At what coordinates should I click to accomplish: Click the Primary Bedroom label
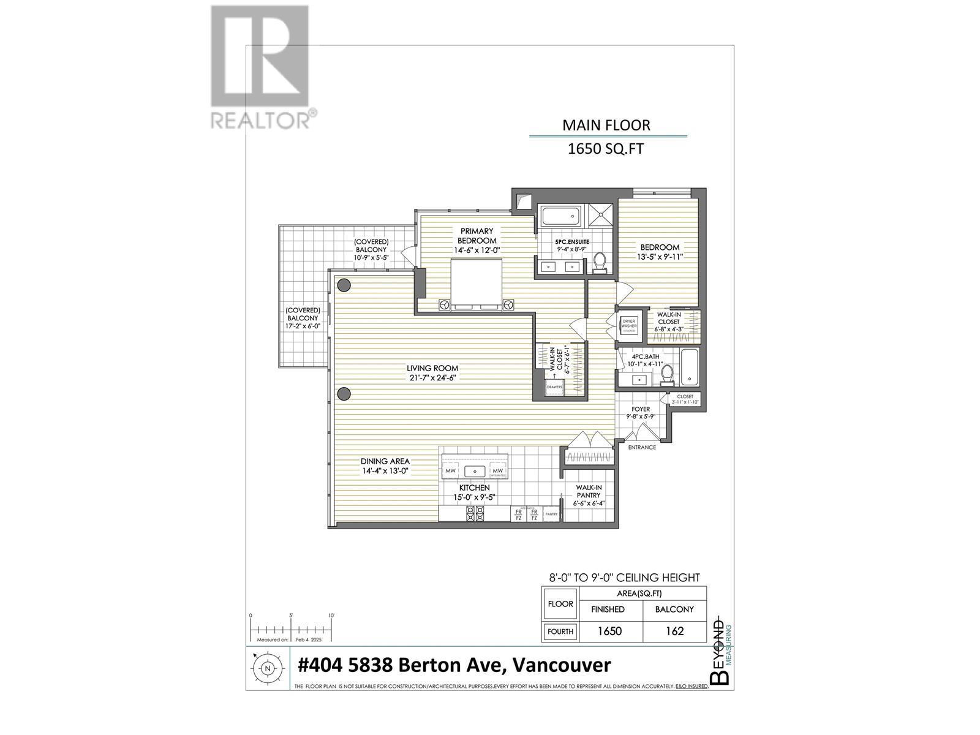(x=477, y=236)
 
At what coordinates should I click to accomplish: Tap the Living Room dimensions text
(x=432, y=378)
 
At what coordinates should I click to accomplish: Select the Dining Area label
(x=385, y=461)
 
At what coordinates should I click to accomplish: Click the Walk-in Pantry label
(x=588, y=491)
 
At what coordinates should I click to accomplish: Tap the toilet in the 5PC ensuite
(x=600, y=262)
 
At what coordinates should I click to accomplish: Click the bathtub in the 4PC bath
(x=689, y=366)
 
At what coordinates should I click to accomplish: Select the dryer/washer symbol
(x=629, y=324)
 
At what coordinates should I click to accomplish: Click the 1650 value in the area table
(x=610, y=631)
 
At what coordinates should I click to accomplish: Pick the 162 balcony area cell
(x=674, y=631)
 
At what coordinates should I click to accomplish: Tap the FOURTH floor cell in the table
(x=560, y=631)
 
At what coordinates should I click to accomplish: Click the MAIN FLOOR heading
(x=606, y=126)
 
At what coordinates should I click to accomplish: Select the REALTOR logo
(x=260, y=67)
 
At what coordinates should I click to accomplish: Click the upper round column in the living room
(x=344, y=285)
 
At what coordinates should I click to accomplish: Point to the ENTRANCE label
(x=642, y=447)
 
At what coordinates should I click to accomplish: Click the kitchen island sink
(x=475, y=471)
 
